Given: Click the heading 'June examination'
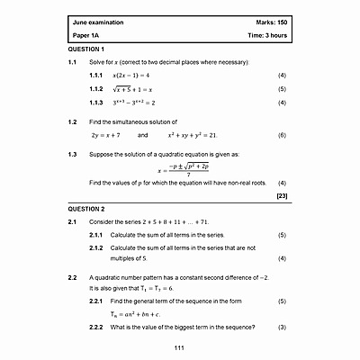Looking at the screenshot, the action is click(x=99, y=21).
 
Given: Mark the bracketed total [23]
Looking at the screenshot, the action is click(x=282, y=195).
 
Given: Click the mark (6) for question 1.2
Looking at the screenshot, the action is click(x=282, y=134).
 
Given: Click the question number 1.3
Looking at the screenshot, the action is click(x=73, y=154).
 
